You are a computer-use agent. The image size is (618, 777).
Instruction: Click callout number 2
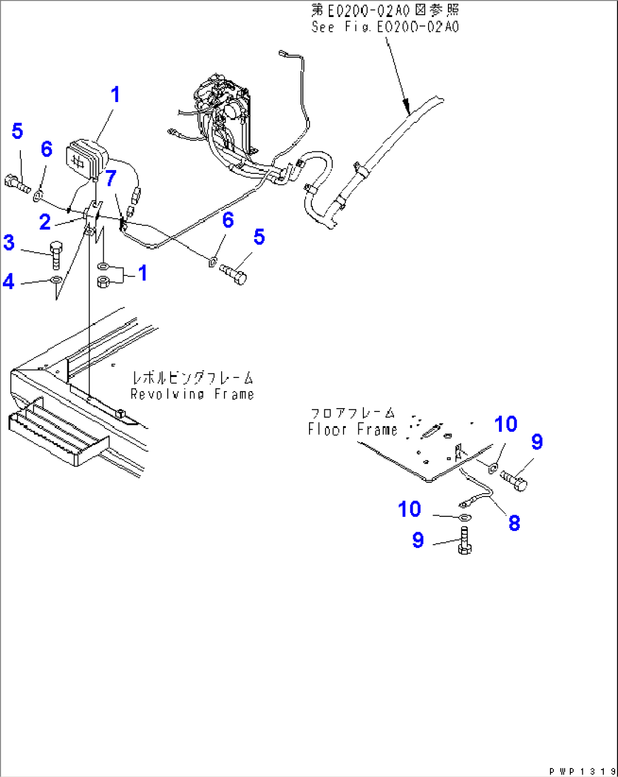(45, 222)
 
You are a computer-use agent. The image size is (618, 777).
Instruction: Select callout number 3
(9, 243)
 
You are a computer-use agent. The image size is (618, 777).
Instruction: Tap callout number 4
(9, 281)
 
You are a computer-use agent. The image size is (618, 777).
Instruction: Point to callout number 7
(111, 178)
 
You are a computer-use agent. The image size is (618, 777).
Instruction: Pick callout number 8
(514, 523)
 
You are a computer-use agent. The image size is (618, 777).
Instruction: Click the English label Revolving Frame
(192, 394)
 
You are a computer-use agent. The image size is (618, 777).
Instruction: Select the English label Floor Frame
(352, 430)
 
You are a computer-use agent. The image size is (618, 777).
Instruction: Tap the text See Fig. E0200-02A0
(385, 27)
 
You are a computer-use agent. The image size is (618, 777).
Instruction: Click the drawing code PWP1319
(582, 771)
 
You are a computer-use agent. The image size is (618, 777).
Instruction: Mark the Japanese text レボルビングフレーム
(192, 377)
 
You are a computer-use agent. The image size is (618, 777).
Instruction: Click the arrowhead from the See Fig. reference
(405, 104)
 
